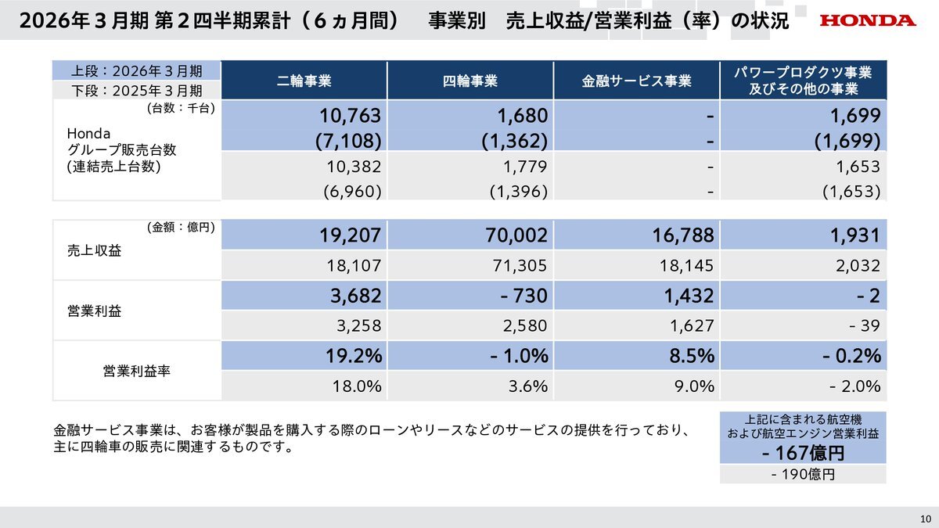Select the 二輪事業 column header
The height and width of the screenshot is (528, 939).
coord(304,81)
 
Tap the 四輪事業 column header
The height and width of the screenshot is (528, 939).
coord(469,81)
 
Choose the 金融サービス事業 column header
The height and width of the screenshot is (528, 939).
coord(636,81)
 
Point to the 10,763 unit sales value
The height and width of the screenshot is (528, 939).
coord(350,117)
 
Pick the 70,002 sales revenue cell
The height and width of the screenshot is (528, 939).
coord(516,235)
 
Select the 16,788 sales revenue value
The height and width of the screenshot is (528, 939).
coord(683,235)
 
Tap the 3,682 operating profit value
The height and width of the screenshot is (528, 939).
coord(350,296)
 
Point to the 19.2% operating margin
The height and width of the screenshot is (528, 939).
coord(354,356)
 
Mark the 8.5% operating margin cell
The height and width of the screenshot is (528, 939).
coord(693,356)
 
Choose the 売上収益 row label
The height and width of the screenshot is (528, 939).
coord(88,251)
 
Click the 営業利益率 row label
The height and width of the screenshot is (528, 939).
coord(137,371)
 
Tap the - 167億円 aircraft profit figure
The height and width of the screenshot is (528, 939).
coord(803,453)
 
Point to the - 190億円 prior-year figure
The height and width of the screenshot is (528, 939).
coord(803,475)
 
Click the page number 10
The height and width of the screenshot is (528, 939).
coord(925,519)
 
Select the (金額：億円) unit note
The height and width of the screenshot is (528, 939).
coord(180,228)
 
